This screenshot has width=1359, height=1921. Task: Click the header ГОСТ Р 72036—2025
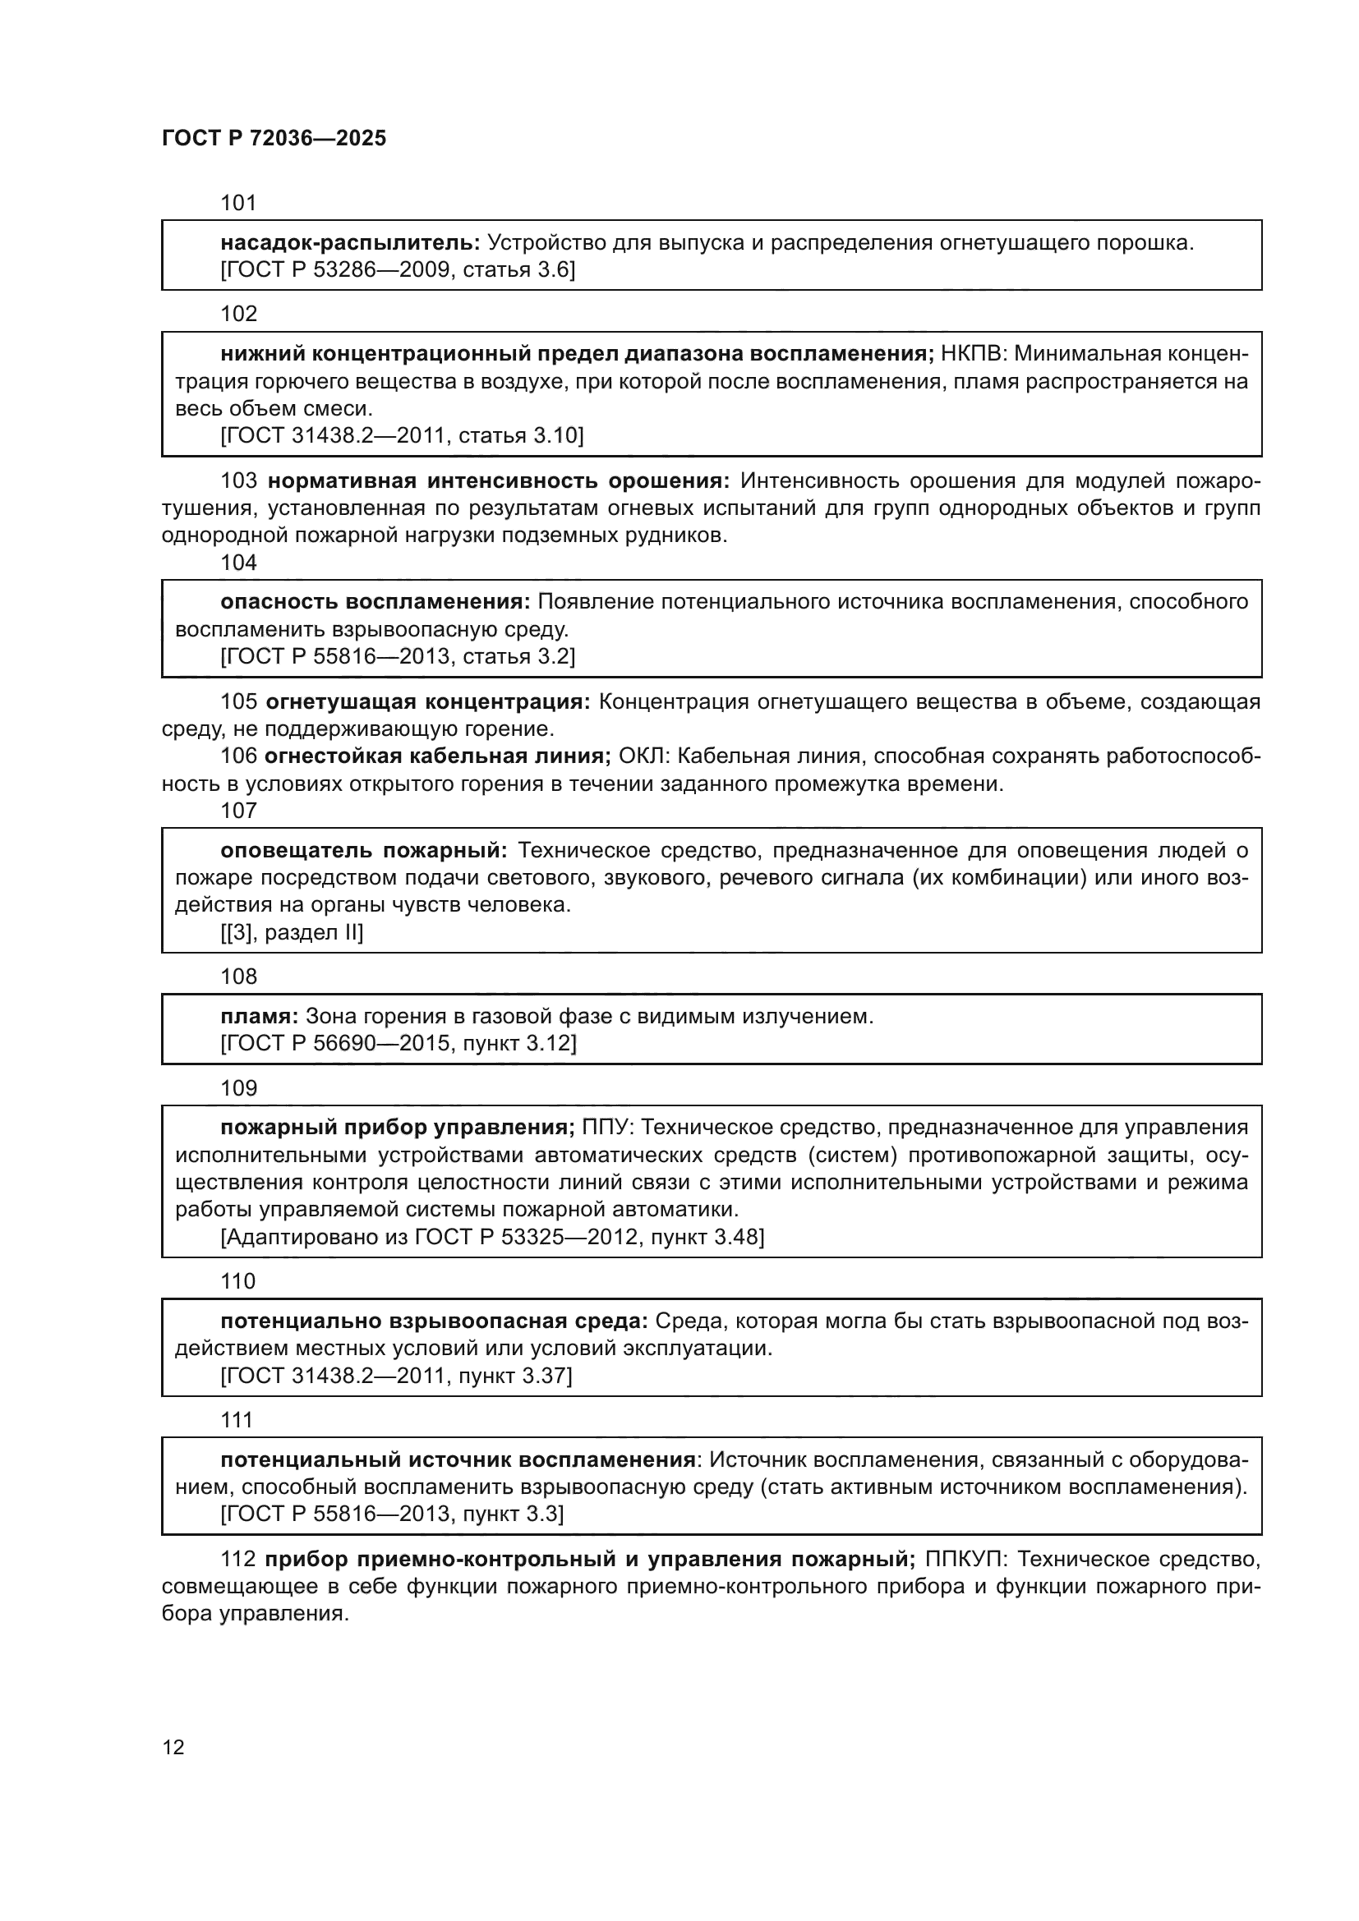click(x=274, y=138)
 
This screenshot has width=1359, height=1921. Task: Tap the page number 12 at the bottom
click(x=173, y=1747)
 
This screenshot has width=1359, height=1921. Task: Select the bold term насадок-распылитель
click(x=350, y=242)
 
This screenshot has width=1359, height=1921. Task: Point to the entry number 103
click(x=238, y=481)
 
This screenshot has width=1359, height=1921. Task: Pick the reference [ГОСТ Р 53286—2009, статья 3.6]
click(x=398, y=269)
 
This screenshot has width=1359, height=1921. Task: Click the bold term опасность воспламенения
click(x=375, y=601)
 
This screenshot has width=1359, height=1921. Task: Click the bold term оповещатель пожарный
click(x=363, y=850)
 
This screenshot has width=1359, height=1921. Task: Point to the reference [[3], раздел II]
click(x=292, y=932)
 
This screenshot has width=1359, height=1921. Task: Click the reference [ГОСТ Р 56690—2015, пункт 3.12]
click(x=398, y=1043)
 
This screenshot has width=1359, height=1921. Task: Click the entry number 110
click(x=237, y=1281)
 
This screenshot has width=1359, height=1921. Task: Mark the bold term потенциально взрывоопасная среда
click(x=435, y=1321)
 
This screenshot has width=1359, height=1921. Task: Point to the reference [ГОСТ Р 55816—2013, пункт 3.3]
click(x=392, y=1514)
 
